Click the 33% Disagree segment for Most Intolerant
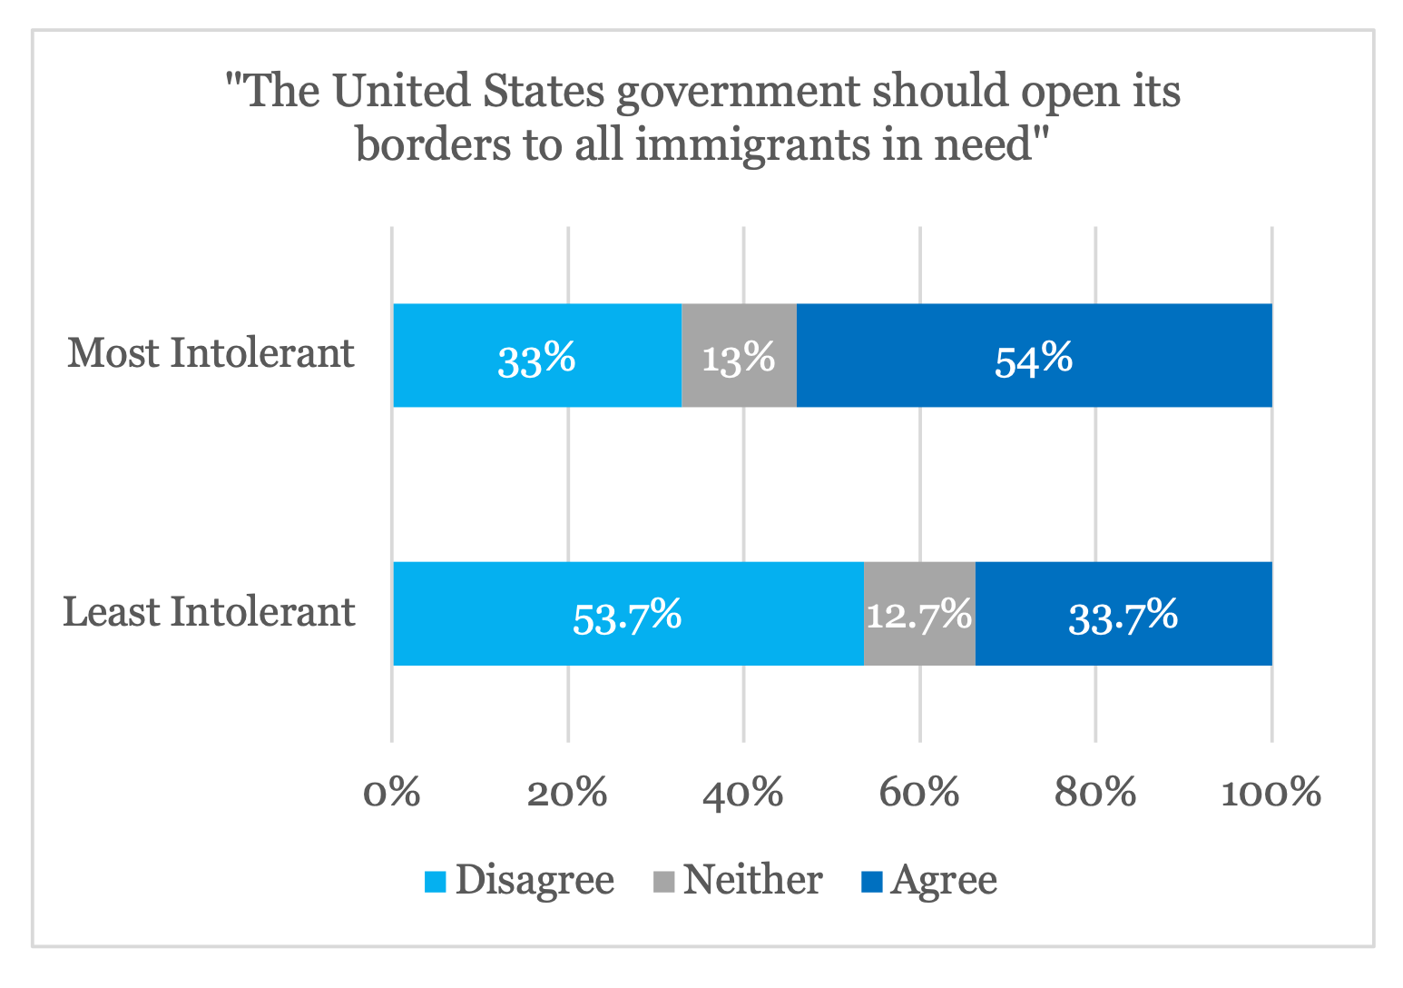point(536,355)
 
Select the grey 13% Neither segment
point(739,355)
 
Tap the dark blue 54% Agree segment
point(1034,355)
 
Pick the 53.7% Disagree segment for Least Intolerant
point(627,614)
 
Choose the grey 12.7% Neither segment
point(919,614)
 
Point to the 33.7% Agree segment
point(1123,614)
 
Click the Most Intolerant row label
point(211,353)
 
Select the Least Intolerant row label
point(209,612)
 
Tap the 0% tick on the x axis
point(392,793)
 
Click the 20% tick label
point(567,793)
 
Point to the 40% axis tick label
point(743,793)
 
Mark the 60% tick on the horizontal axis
point(919,793)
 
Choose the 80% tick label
point(1095,793)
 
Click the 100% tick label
point(1271,793)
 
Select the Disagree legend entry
point(521,880)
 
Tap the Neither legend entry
point(739,880)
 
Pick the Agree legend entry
point(930,880)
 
